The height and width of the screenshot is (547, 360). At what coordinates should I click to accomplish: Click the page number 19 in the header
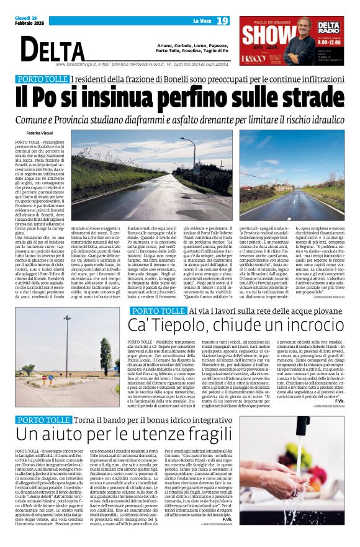pos(223,21)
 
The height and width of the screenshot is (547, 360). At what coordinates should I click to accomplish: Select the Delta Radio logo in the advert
pos(333,28)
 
